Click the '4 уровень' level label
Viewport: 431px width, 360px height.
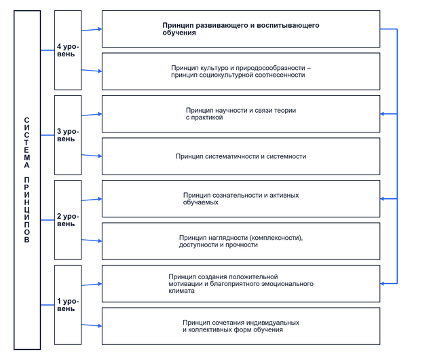coord(68,50)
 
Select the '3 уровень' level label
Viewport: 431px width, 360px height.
coord(68,135)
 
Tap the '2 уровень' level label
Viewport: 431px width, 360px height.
coord(68,220)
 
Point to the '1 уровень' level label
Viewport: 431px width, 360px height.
coord(68,305)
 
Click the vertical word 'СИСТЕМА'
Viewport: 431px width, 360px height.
coord(26,143)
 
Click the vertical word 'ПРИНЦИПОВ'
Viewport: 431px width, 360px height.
coord(26,210)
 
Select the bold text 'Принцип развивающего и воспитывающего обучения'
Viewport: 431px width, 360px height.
coord(241,29)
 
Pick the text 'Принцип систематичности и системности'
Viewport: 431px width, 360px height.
coord(241,156)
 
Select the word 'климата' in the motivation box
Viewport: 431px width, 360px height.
coord(181,291)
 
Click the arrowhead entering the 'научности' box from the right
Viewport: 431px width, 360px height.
coord(382,114)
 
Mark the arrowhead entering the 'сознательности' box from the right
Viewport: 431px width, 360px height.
coord(382,198)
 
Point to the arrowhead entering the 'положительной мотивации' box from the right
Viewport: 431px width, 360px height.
coord(382,283)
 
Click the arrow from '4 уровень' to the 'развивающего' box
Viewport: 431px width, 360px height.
coord(92,30)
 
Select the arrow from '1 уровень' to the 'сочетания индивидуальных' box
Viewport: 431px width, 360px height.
coord(92,325)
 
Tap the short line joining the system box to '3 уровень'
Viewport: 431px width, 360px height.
coord(48,135)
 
